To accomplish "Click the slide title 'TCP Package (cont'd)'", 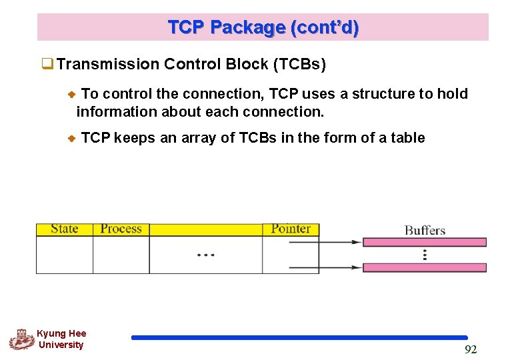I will click(263, 27).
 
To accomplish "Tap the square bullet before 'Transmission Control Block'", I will click(47, 65).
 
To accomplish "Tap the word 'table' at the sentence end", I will click(407, 138).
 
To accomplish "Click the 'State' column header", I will click(65, 229).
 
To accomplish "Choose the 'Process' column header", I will click(121, 229).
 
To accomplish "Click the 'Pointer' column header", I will click(291, 229).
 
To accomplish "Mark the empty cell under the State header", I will click(65, 255).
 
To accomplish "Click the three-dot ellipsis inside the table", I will click(205, 255).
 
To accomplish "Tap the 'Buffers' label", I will click(425, 231).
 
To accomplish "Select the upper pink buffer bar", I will click(424, 242).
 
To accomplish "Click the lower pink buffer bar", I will click(424, 267).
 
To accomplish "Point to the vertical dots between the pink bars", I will click(425, 255).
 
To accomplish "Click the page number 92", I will click(471, 350).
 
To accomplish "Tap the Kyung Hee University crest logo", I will click(21, 339).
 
